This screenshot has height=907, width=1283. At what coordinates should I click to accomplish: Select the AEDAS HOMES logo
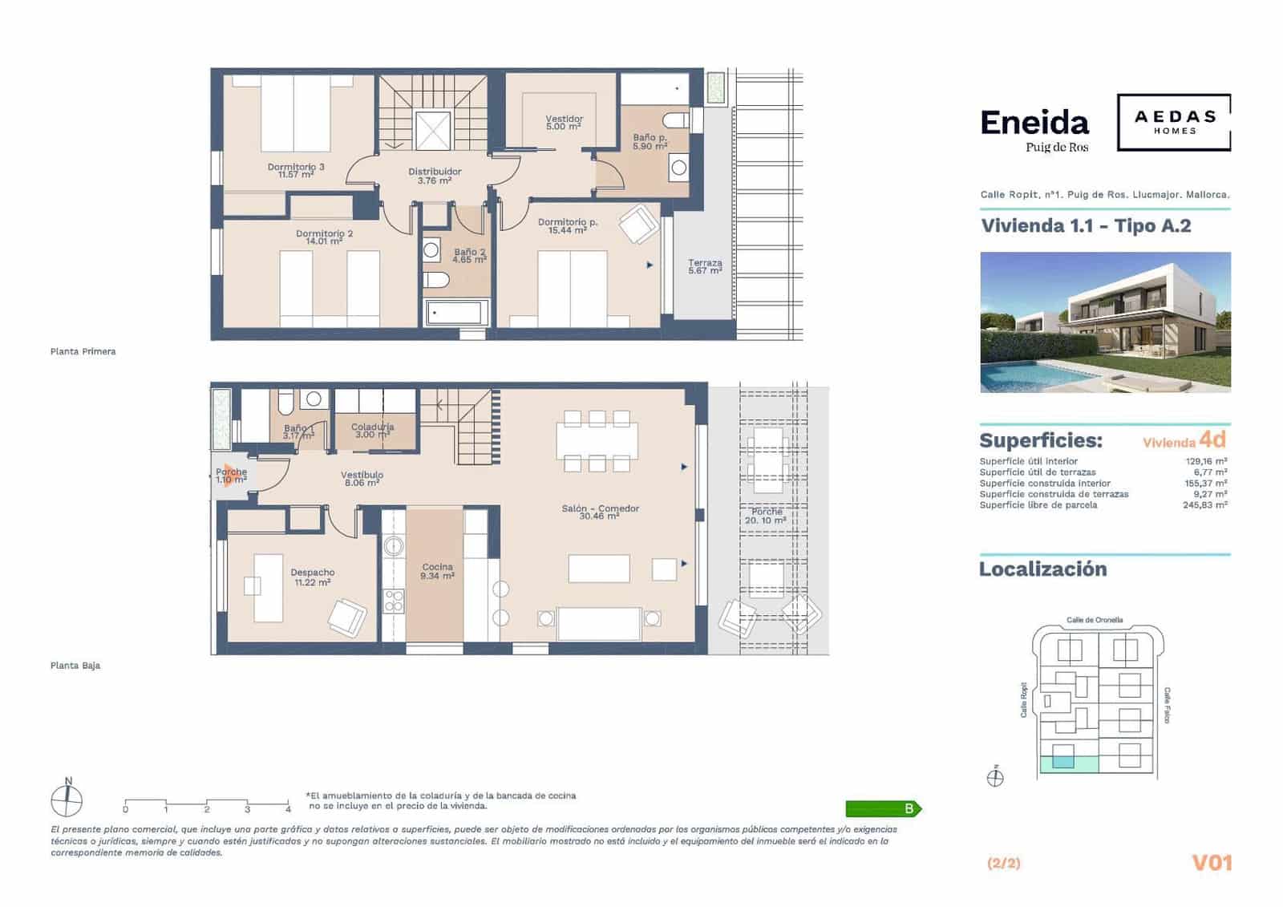pos(1174,122)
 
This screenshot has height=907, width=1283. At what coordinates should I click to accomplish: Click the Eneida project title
pos(1034,123)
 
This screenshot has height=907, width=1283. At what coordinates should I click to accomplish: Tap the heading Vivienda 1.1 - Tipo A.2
pos(1085,225)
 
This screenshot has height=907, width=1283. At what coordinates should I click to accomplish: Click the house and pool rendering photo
pos(1104,322)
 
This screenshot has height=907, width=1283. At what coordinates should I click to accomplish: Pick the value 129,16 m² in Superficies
pos(1206,461)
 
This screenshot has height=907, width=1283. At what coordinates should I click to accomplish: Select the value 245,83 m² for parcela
pos(1204,504)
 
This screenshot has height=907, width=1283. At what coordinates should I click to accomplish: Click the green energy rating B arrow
pos(883,808)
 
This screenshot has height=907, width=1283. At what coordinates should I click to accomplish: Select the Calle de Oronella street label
pos(1095,620)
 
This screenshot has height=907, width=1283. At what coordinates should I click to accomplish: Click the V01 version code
pos(1211,863)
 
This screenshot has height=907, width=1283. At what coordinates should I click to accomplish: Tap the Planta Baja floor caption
pos(75,666)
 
